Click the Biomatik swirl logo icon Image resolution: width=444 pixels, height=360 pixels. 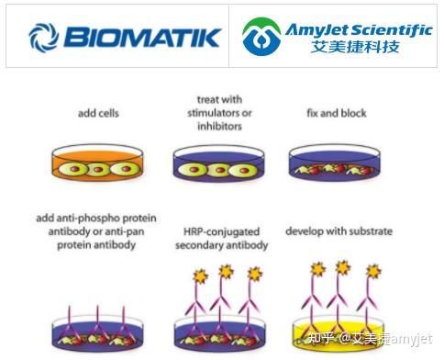(x=43, y=37)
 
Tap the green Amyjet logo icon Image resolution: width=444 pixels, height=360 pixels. (x=261, y=37)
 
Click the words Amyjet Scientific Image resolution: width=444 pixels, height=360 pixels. (x=358, y=28)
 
